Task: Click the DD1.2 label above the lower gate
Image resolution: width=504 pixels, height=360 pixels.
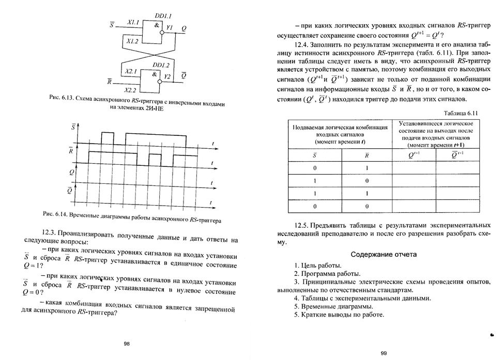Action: tap(160, 66)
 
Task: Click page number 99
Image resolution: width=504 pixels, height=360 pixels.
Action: tap(384, 353)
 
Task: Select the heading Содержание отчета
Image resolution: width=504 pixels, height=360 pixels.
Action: tap(384, 255)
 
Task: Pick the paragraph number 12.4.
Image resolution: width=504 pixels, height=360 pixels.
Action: tap(302, 44)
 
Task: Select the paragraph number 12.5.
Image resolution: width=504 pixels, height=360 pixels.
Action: tap(302, 226)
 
